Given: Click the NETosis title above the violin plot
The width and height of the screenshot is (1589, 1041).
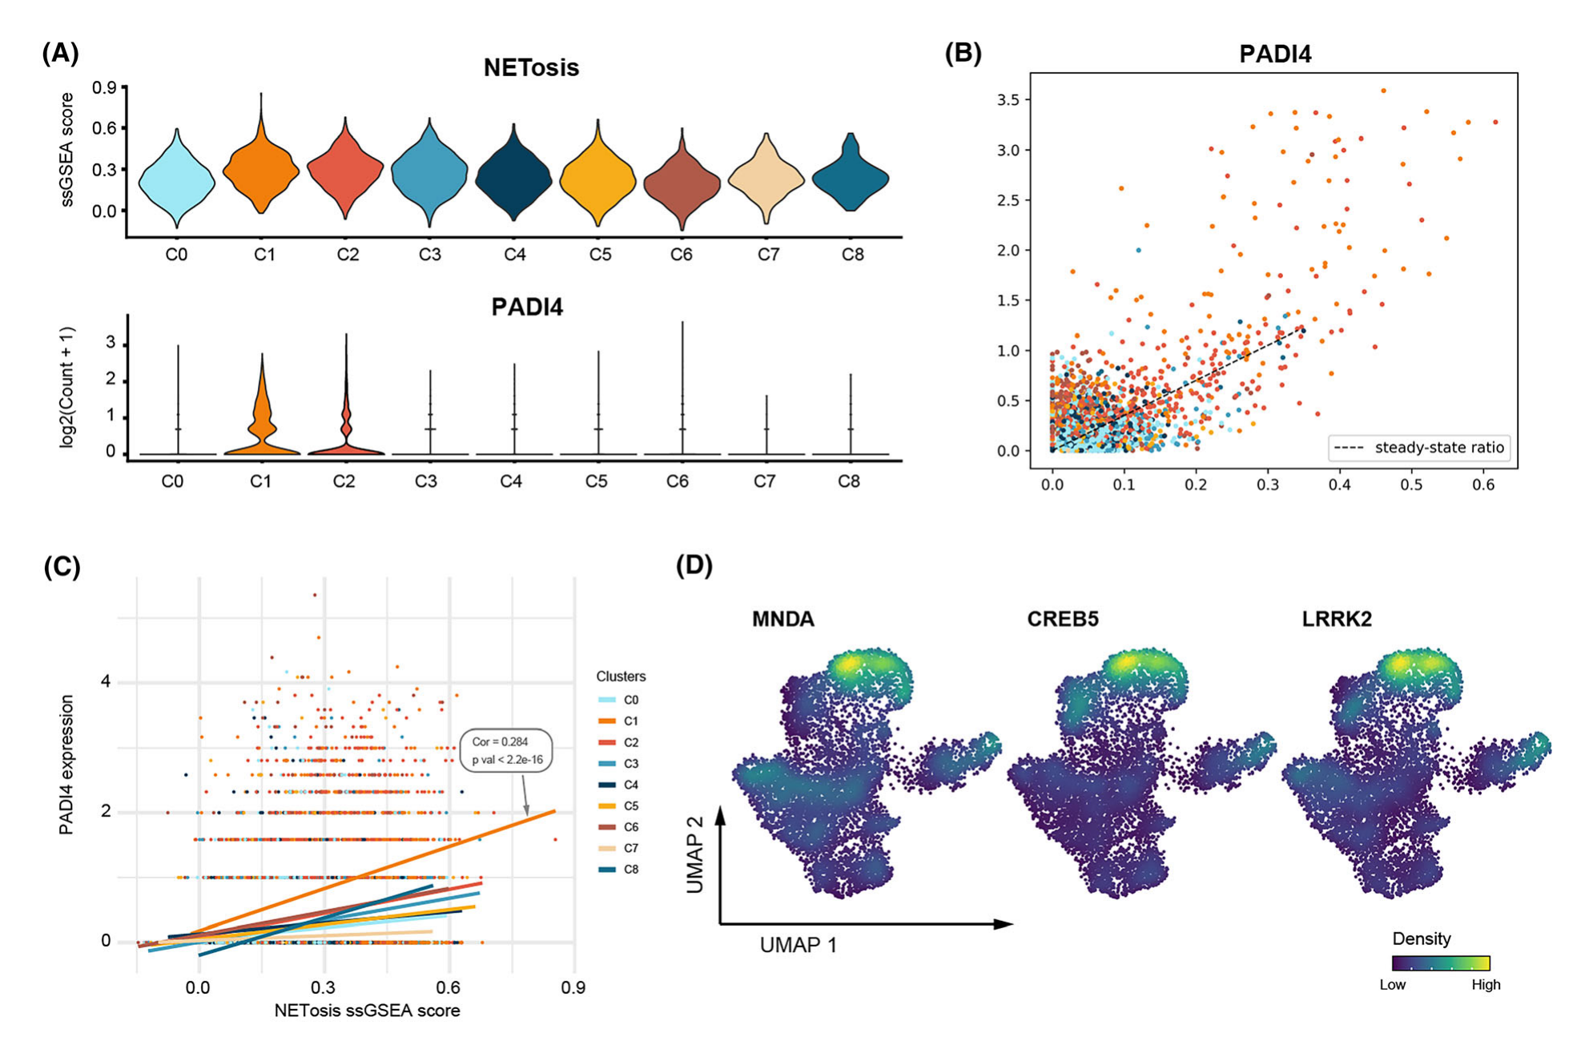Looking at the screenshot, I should [x=531, y=68].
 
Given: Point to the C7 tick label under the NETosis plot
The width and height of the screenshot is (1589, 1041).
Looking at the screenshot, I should [x=767, y=255].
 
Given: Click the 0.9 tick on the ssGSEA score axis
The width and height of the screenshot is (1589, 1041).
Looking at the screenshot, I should [x=105, y=87].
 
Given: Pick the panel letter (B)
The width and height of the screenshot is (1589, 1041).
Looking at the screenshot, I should [x=963, y=53].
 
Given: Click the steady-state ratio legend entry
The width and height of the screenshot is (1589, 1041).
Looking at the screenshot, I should [x=1419, y=448].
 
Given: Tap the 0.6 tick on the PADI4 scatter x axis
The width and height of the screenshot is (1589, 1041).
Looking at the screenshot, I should [x=1483, y=484].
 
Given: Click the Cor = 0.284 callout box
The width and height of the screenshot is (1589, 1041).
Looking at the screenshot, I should [x=506, y=750].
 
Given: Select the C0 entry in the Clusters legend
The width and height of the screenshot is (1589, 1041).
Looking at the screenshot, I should [x=622, y=700].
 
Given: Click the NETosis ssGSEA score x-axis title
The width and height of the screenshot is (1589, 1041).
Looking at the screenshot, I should [x=367, y=1011].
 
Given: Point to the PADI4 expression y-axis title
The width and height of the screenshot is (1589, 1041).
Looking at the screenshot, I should [x=66, y=765].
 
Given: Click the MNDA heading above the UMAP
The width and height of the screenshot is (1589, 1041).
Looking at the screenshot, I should [x=782, y=619].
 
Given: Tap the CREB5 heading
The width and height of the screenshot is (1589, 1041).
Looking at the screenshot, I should [x=1063, y=619].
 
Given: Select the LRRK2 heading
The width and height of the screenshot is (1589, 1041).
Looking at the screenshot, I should [x=1337, y=619].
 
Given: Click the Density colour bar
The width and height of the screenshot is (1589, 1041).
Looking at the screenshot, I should [x=1441, y=963].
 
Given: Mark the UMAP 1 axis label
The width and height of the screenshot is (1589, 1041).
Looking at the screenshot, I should [x=798, y=946].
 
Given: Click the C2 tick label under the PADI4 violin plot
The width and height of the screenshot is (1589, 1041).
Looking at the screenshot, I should [x=344, y=481].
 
